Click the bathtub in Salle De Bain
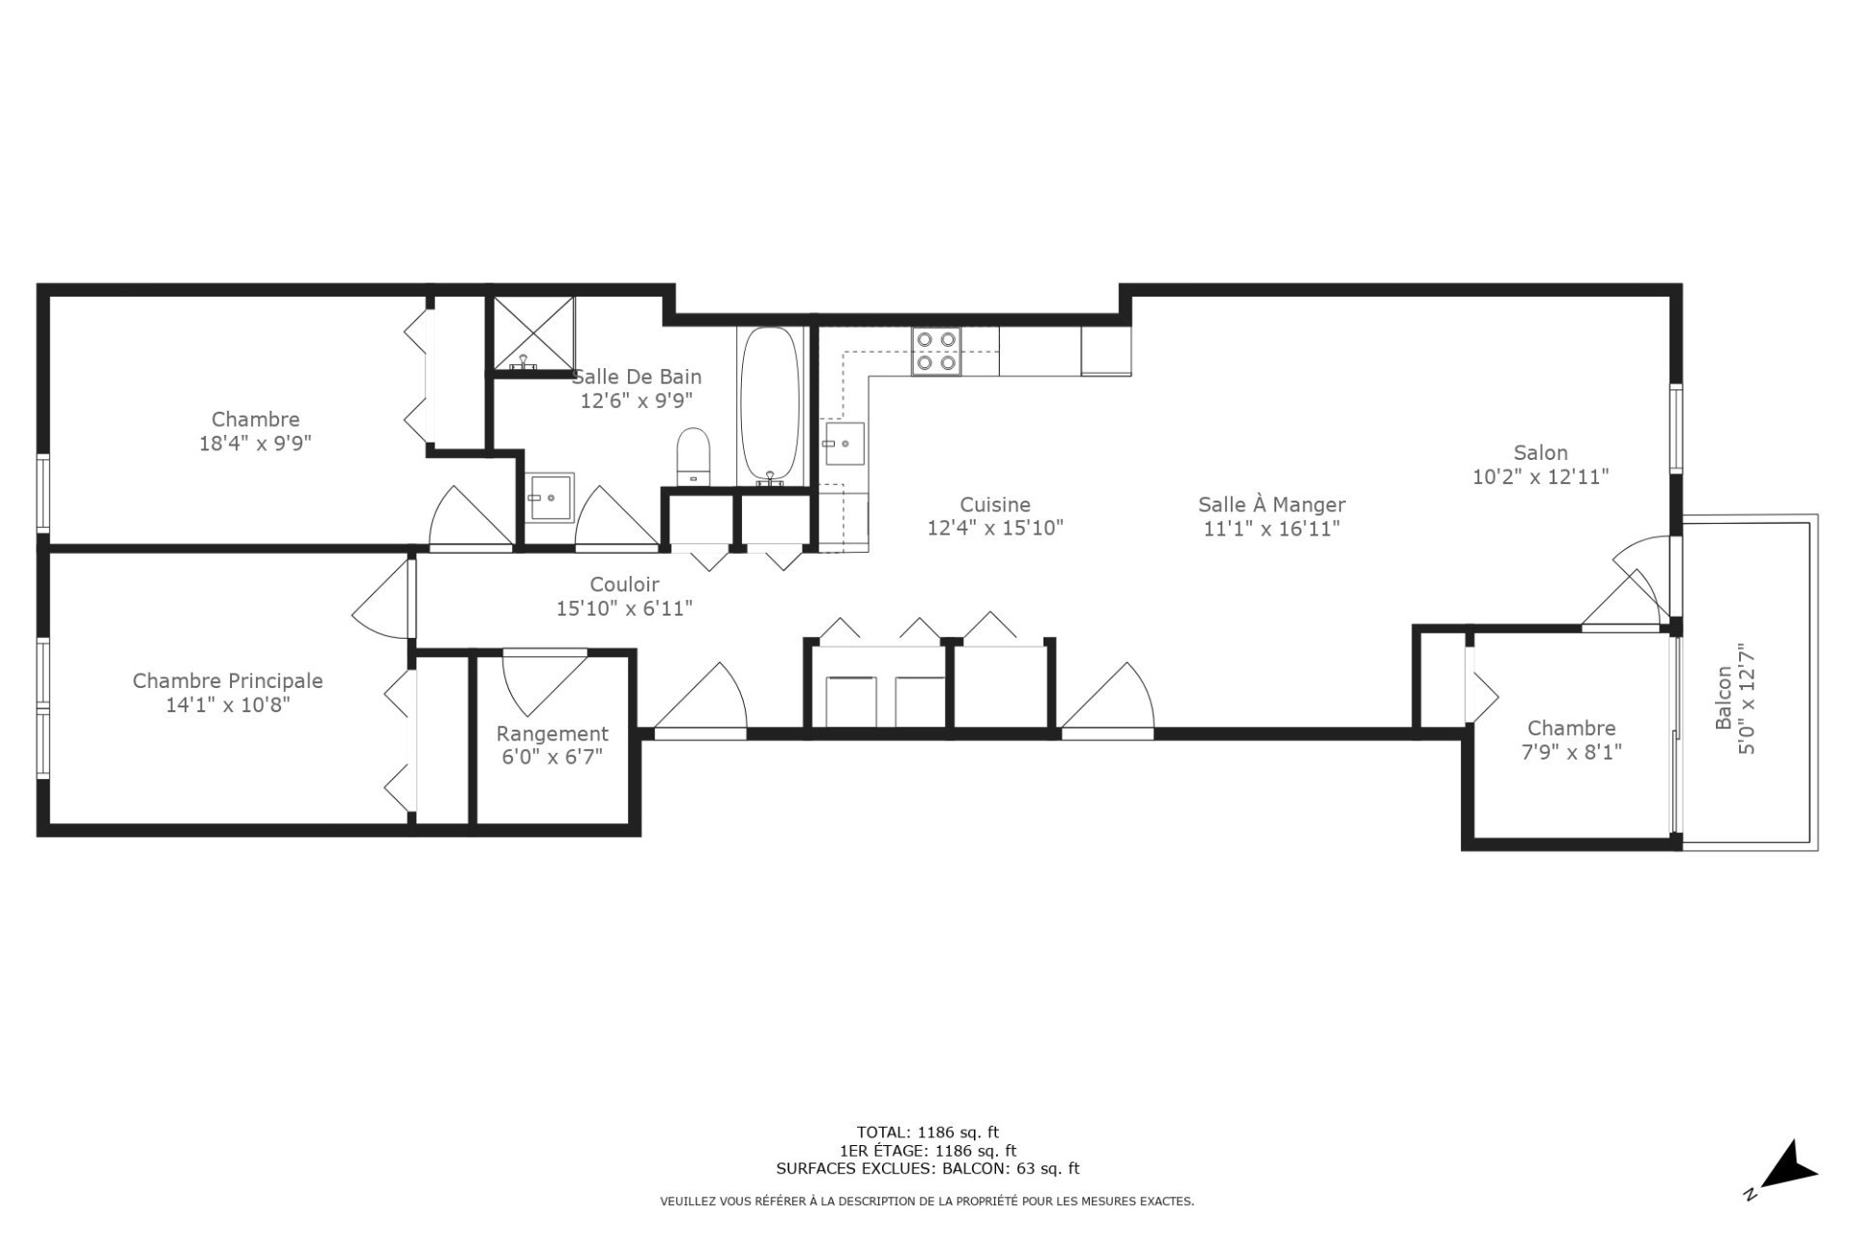tap(770, 406)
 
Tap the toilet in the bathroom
tap(693, 455)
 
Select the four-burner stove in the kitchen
tap(936, 352)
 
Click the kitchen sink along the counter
tap(844, 444)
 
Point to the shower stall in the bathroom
tap(533, 333)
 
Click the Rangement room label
tap(552, 733)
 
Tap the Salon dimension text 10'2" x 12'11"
tap(1540, 476)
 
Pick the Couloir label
tap(624, 585)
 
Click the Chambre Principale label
tap(227, 680)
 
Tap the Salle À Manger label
tap(1271, 504)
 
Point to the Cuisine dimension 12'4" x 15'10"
tap(994, 529)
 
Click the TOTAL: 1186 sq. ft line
tap(927, 1132)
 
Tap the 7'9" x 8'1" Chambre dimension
tap(1571, 752)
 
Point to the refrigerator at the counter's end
tap(1105, 351)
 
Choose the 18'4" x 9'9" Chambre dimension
tap(255, 444)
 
